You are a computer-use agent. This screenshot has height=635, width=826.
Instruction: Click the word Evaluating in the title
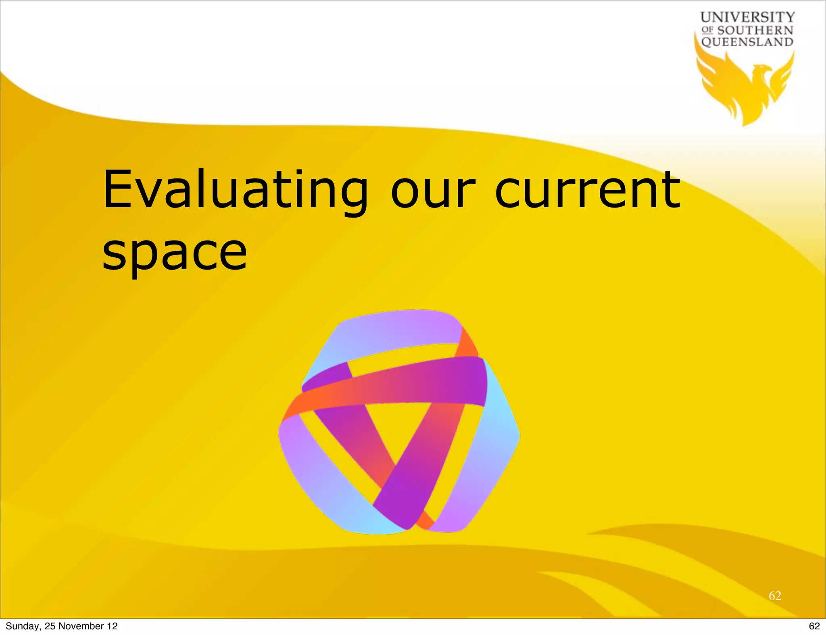tap(235, 190)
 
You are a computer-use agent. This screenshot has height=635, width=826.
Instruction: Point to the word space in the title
tap(174, 253)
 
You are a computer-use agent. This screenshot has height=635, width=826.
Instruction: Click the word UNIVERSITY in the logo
tap(747, 17)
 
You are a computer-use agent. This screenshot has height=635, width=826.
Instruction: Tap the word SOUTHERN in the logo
tap(755, 30)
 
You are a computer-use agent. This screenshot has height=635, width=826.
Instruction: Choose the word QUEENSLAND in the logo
tap(747, 42)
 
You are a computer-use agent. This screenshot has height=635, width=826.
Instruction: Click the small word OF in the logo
tap(707, 30)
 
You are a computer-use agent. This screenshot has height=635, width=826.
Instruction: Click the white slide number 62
tap(775, 596)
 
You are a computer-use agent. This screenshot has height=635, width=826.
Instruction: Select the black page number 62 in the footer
tap(814, 626)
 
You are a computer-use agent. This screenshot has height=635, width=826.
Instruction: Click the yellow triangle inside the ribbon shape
tap(403, 427)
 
